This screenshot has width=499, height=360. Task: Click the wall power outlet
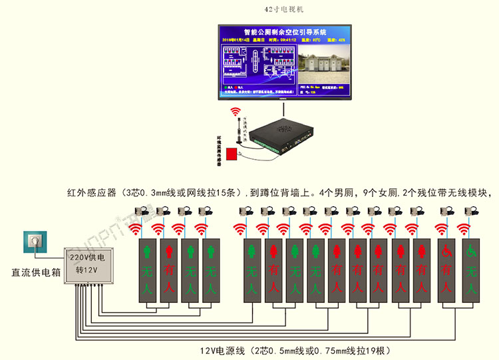(33, 243)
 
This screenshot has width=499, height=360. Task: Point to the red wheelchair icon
(447, 252)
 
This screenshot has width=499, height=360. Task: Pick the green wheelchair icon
(470, 252)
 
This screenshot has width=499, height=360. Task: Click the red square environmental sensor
(232, 154)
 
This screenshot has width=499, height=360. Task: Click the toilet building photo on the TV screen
(323, 64)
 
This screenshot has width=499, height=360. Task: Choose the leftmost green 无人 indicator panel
(149, 271)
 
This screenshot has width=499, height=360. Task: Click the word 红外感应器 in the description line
(93, 193)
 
